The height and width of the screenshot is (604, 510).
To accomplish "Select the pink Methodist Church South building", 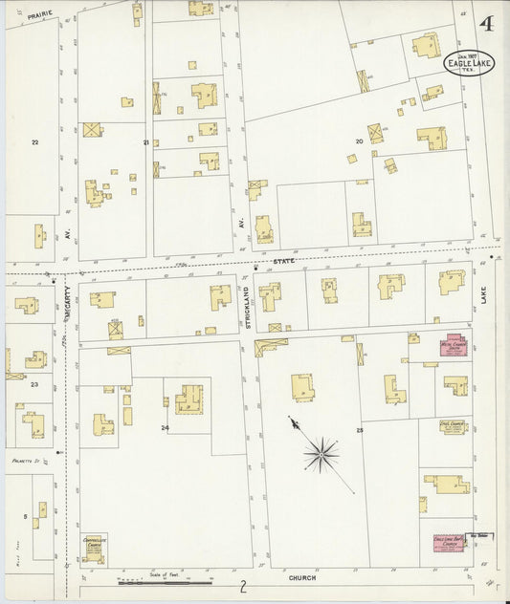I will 451,345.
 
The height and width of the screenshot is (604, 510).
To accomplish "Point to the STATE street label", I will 282,261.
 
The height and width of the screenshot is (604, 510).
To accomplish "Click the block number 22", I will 34,141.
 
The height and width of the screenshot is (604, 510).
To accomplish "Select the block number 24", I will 165,427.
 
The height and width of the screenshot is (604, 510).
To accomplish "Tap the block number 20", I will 359,141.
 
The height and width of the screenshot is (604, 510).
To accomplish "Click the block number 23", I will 33,384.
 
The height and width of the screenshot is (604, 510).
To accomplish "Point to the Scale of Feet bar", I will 165,580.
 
